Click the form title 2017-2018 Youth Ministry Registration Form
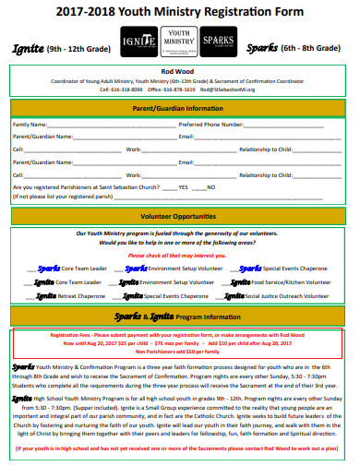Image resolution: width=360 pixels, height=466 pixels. pos(179,11)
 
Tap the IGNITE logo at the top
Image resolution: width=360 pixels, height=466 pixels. pos(137,42)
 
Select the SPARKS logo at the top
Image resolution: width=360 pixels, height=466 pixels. pos(219,42)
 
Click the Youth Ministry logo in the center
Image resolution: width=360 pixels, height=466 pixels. pos(177,42)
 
